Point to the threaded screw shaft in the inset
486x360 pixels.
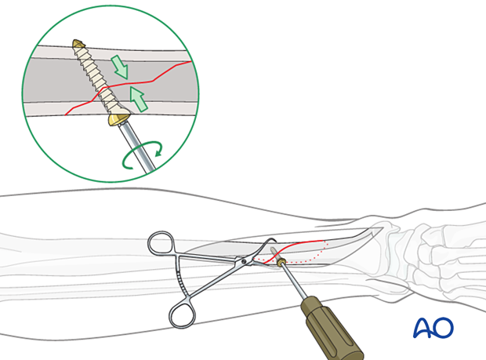coord(95,78)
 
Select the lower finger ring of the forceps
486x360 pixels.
coord(182,315)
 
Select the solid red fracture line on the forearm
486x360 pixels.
coord(302,241)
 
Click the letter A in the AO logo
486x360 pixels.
coord(423,328)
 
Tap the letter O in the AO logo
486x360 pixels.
coord(443,328)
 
